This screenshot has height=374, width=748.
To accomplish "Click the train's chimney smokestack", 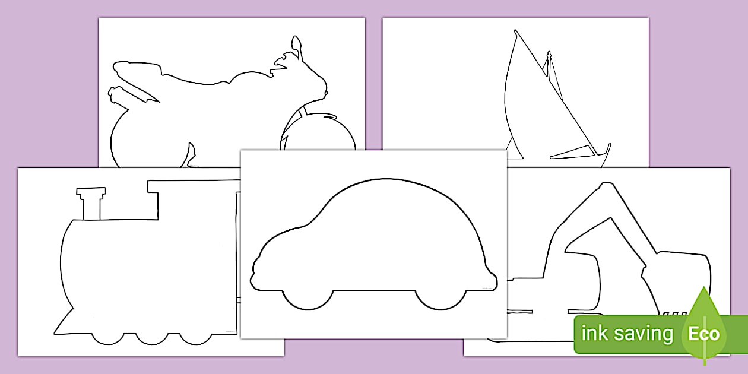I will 91,204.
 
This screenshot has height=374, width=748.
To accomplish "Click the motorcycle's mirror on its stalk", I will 296,44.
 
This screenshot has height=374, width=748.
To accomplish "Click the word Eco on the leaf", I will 703,334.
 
